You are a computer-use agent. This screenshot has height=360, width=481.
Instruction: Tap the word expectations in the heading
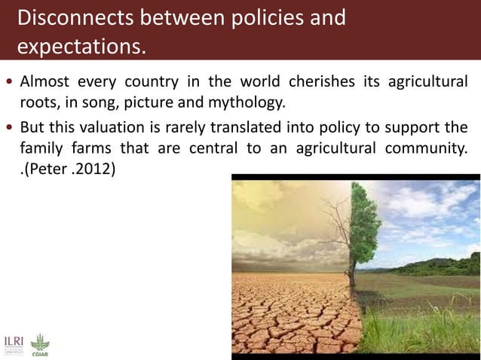[x=78, y=47]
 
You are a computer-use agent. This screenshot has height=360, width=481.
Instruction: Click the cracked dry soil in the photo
[x=286, y=316]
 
